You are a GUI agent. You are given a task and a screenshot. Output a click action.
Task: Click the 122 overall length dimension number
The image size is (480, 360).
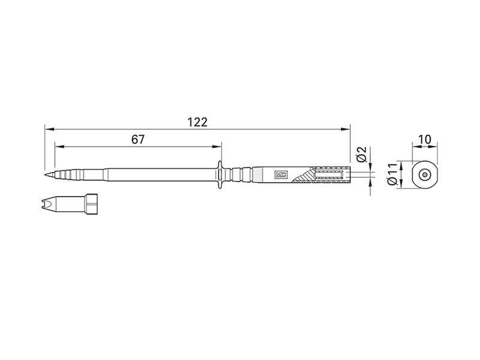pyautogui.click(x=197, y=122)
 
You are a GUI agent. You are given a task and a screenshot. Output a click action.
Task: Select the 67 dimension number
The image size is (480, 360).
pyautogui.click(x=138, y=139)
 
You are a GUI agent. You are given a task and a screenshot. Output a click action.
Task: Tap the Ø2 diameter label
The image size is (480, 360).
pyautogui.click(x=361, y=154)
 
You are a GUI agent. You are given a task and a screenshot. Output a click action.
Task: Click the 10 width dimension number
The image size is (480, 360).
pyautogui.click(x=424, y=139)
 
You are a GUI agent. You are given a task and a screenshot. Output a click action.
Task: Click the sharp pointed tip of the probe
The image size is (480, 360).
pyautogui.click(x=46, y=175)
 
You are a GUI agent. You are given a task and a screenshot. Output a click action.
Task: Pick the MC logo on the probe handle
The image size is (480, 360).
pyautogui.click(x=280, y=175)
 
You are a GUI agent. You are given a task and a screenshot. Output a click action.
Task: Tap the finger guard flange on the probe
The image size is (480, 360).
pyautogui.click(x=221, y=175)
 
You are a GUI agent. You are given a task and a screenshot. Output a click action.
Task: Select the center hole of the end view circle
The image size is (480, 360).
pyautogui.click(x=424, y=175)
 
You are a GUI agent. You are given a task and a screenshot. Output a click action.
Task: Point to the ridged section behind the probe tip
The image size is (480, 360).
pyautogui.click(x=63, y=175)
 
